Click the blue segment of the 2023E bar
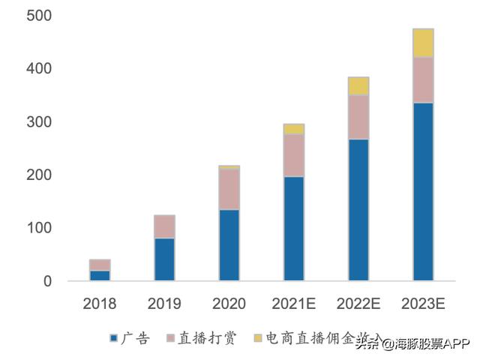[x=423, y=191]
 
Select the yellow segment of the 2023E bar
[x=423, y=43]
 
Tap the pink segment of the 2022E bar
[x=358, y=117]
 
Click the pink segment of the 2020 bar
[x=229, y=189]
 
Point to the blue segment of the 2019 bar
[x=164, y=259]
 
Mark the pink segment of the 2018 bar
[x=100, y=265]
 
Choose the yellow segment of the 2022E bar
[x=358, y=85]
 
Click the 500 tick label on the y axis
[x=37, y=16]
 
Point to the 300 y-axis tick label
[x=37, y=121]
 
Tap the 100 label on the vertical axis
[x=37, y=228]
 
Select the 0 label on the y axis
[x=46, y=281]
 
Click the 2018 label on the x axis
[x=100, y=304]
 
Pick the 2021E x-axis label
[x=293, y=304]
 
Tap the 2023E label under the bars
[x=423, y=304]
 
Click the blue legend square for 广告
[x=114, y=339]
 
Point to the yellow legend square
[x=258, y=339]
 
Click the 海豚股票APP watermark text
[x=425, y=344]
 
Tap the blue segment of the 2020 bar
[x=229, y=245]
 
